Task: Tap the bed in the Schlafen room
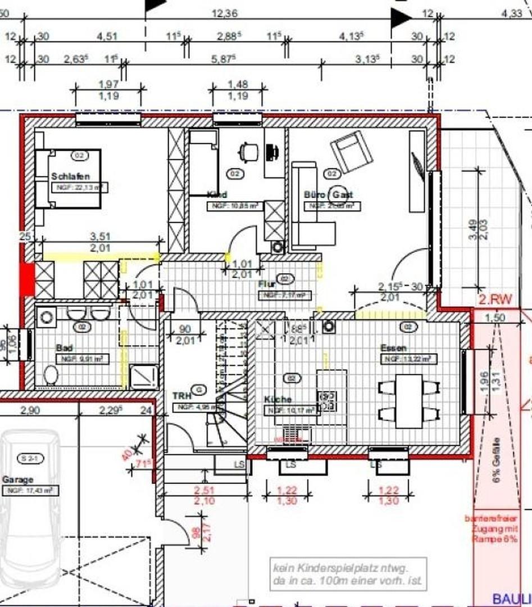67,179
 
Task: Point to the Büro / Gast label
328,194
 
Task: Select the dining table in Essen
408,401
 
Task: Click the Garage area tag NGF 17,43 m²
30,491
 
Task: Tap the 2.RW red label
495,300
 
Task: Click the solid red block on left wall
27,278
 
